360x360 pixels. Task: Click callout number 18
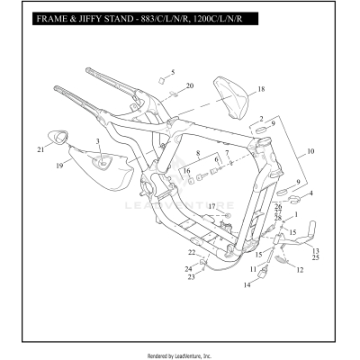tap(261, 90)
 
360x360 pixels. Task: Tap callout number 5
tap(174, 71)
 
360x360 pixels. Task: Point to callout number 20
tap(189, 85)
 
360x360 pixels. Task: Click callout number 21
tap(40, 148)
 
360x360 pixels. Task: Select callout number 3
tap(98, 142)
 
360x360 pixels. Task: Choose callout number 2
tap(261, 118)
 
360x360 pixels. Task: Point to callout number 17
tap(212, 207)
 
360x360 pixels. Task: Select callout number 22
tap(191, 252)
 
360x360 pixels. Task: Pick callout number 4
tap(310, 192)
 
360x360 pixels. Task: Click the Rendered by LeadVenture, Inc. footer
tap(180, 355)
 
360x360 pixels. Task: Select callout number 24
tap(188, 268)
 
